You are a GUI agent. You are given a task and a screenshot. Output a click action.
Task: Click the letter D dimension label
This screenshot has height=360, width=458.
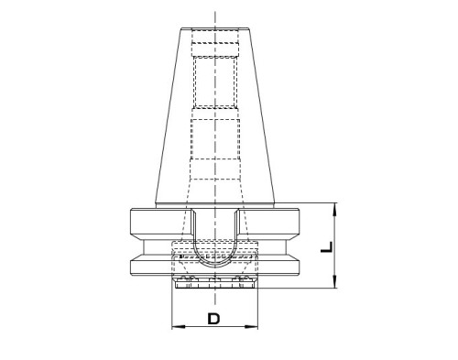pyautogui.click(x=213, y=319)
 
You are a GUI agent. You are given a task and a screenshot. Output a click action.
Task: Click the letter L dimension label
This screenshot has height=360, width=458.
pyautogui.click(x=326, y=247)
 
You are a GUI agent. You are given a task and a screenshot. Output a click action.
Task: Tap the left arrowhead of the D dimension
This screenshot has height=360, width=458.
pyautogui.click(x=179, y=327)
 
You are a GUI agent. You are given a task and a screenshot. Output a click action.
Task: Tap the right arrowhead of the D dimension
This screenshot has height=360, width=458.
pyautogui.click(x=252, y=327)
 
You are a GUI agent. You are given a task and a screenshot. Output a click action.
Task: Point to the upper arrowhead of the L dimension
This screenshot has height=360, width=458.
pyautogui.click(x=335, y=209)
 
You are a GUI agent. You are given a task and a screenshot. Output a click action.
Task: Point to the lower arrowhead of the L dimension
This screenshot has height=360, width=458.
pyautogui.click(x=335, y=281)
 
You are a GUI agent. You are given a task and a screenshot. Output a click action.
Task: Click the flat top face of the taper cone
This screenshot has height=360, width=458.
pyautogui.click(x=215, y=28)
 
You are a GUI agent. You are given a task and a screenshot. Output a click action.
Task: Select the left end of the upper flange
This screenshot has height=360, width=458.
pyautogui.click(x=131, y=222)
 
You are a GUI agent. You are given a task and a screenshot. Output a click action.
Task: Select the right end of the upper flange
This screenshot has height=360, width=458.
pyautogui.click(x=298, y=222)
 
